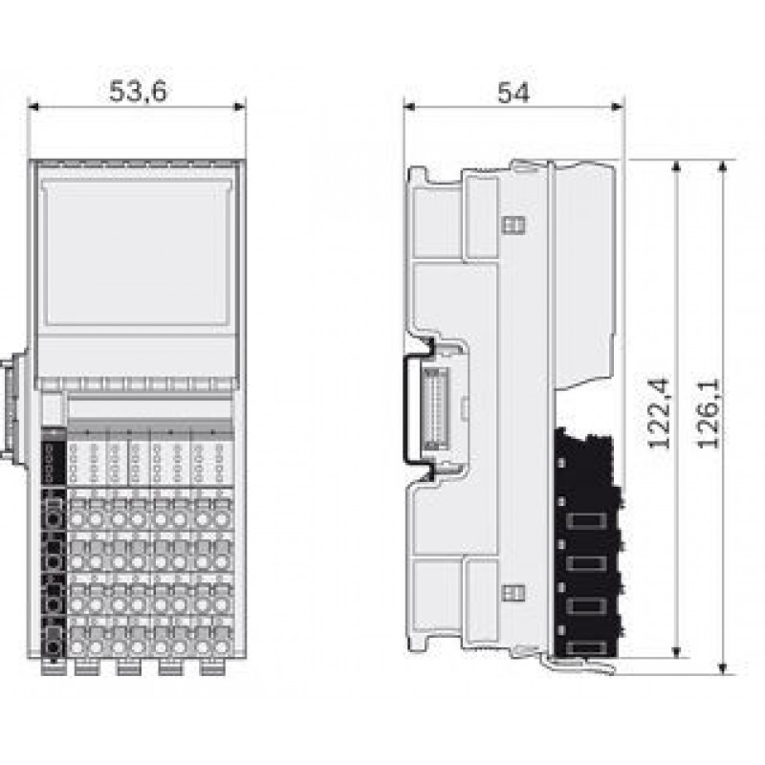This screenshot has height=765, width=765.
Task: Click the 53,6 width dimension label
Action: (138, 91)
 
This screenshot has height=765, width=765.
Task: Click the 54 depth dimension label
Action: (514, 93)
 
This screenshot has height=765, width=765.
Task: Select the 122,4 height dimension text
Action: (659, 413)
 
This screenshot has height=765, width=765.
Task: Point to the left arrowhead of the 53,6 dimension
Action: (33, 106)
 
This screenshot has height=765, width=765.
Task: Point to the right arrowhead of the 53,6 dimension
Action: (240, 106)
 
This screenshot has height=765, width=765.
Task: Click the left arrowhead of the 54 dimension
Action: (410, 106)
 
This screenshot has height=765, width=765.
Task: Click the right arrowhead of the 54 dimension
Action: (618, 106)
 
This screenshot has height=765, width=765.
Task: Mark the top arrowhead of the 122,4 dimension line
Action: (676, 165)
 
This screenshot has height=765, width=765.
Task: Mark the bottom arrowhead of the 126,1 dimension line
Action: (724, 668)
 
